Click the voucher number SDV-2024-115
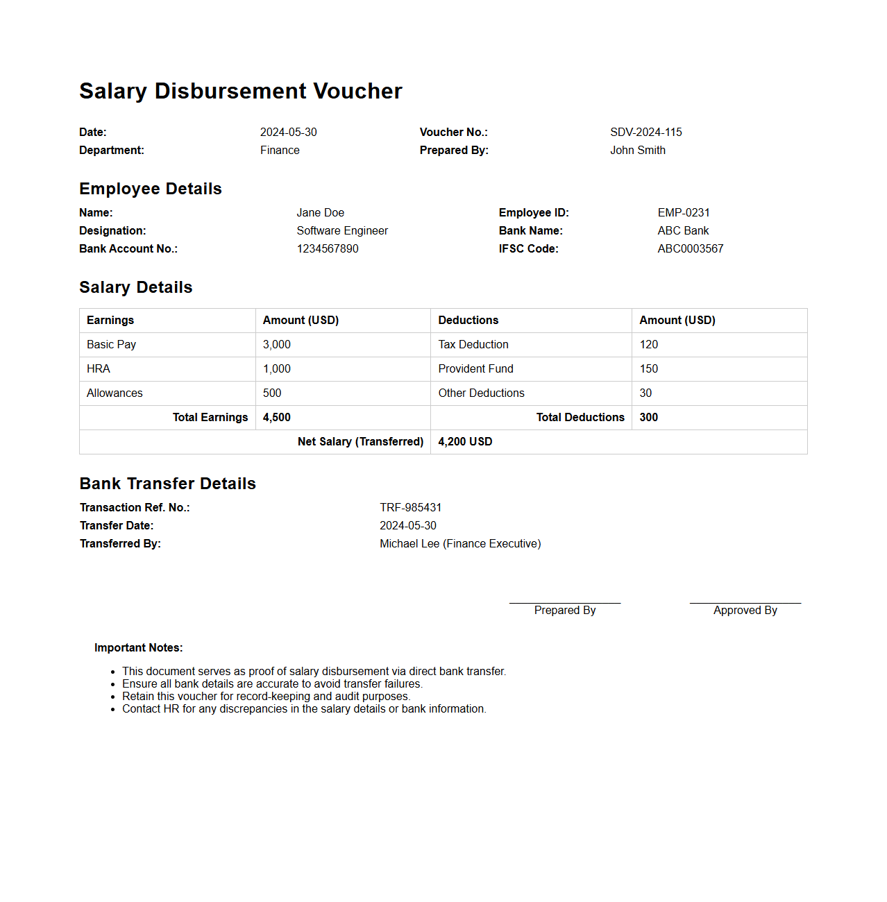(645, 132)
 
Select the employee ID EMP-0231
(684, 212)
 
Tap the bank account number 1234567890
(328, 248)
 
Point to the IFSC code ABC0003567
(690, 248)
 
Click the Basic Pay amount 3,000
(277, 345)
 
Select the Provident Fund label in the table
(475, 369)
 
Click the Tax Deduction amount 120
(648, 345)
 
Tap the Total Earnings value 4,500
(277, 418)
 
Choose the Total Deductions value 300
(648, 418)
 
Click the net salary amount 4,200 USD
(465, 442)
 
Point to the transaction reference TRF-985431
(410, 507)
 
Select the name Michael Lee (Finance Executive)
(460, 543)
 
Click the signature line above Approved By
(745, 603)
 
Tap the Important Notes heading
(139, 647)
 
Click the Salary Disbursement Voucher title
(241, 91)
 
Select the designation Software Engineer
(342, 230)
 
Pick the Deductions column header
(468, 321)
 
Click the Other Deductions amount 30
(645, 393)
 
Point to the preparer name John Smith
(637, 150)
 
